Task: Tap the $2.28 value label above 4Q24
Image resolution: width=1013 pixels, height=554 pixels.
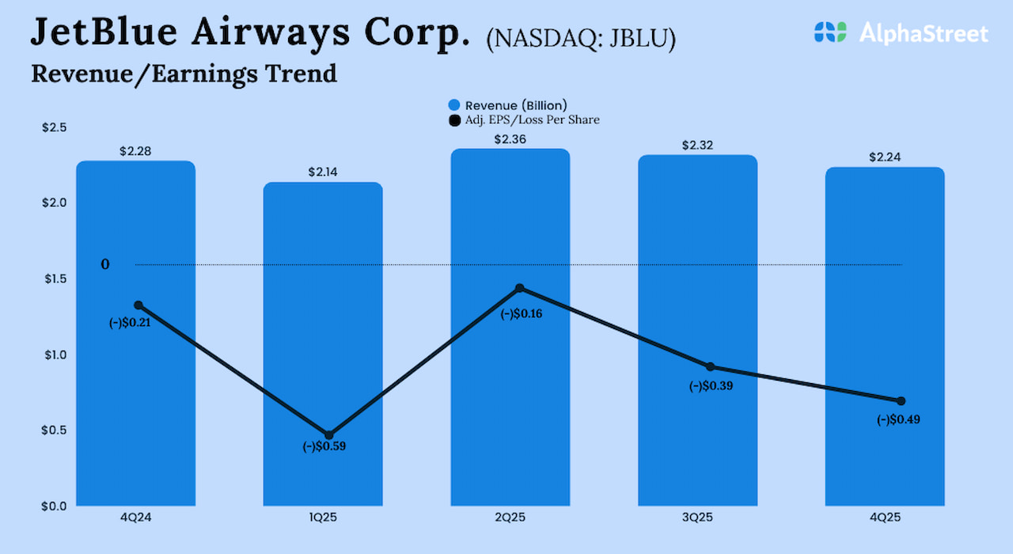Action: (135, 151)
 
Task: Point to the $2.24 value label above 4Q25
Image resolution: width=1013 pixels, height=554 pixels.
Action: (885, 157)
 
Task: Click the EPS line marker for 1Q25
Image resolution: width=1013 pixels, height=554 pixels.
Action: (329, 434)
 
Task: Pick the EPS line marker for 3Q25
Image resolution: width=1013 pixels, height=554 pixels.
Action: (710, 366)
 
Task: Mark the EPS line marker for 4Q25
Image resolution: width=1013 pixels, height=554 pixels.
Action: (901, 400)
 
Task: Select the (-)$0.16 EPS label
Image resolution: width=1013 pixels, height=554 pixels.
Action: (522, 313)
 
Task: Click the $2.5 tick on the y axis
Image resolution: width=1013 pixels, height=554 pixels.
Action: (55, 127)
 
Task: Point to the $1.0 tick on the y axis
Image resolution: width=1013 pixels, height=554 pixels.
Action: (55, 355)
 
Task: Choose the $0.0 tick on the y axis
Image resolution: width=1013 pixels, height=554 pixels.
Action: (55, 506)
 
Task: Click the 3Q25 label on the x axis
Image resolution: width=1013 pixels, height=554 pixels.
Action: (697, 518)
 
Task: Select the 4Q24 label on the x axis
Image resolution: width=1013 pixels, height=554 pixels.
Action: (135, 518)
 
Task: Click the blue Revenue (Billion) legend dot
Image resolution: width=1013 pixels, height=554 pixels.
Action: (454, 105)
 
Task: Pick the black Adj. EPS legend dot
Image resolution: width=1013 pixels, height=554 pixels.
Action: (454, 120)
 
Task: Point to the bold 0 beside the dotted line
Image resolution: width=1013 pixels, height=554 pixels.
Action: (105, 264)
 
